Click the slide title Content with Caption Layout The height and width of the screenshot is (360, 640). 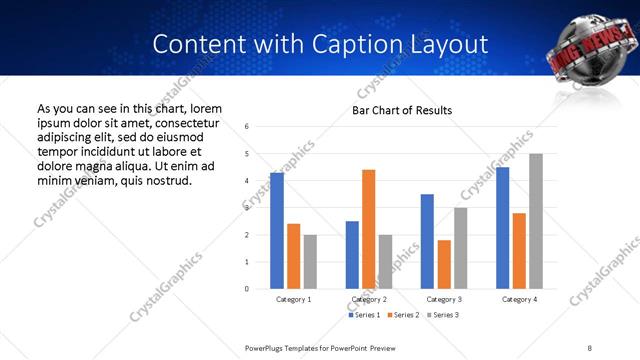pos(320,45)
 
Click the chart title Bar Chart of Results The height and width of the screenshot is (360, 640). pos(402,110)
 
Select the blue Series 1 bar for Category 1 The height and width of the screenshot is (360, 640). pos(277,231)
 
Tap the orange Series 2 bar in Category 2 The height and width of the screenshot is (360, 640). pos(369,229)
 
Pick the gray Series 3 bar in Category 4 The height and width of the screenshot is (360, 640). pos(536,221)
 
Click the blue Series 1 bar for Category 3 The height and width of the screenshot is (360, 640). pos(428,241)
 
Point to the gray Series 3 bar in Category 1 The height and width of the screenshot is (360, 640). pos(311,261)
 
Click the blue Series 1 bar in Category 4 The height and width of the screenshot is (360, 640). pos(503,228)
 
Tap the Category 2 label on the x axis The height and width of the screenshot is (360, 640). pos(370,299)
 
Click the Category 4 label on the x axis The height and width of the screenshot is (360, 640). pos(520,299)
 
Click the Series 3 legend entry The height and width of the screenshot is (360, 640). pos(445,315)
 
